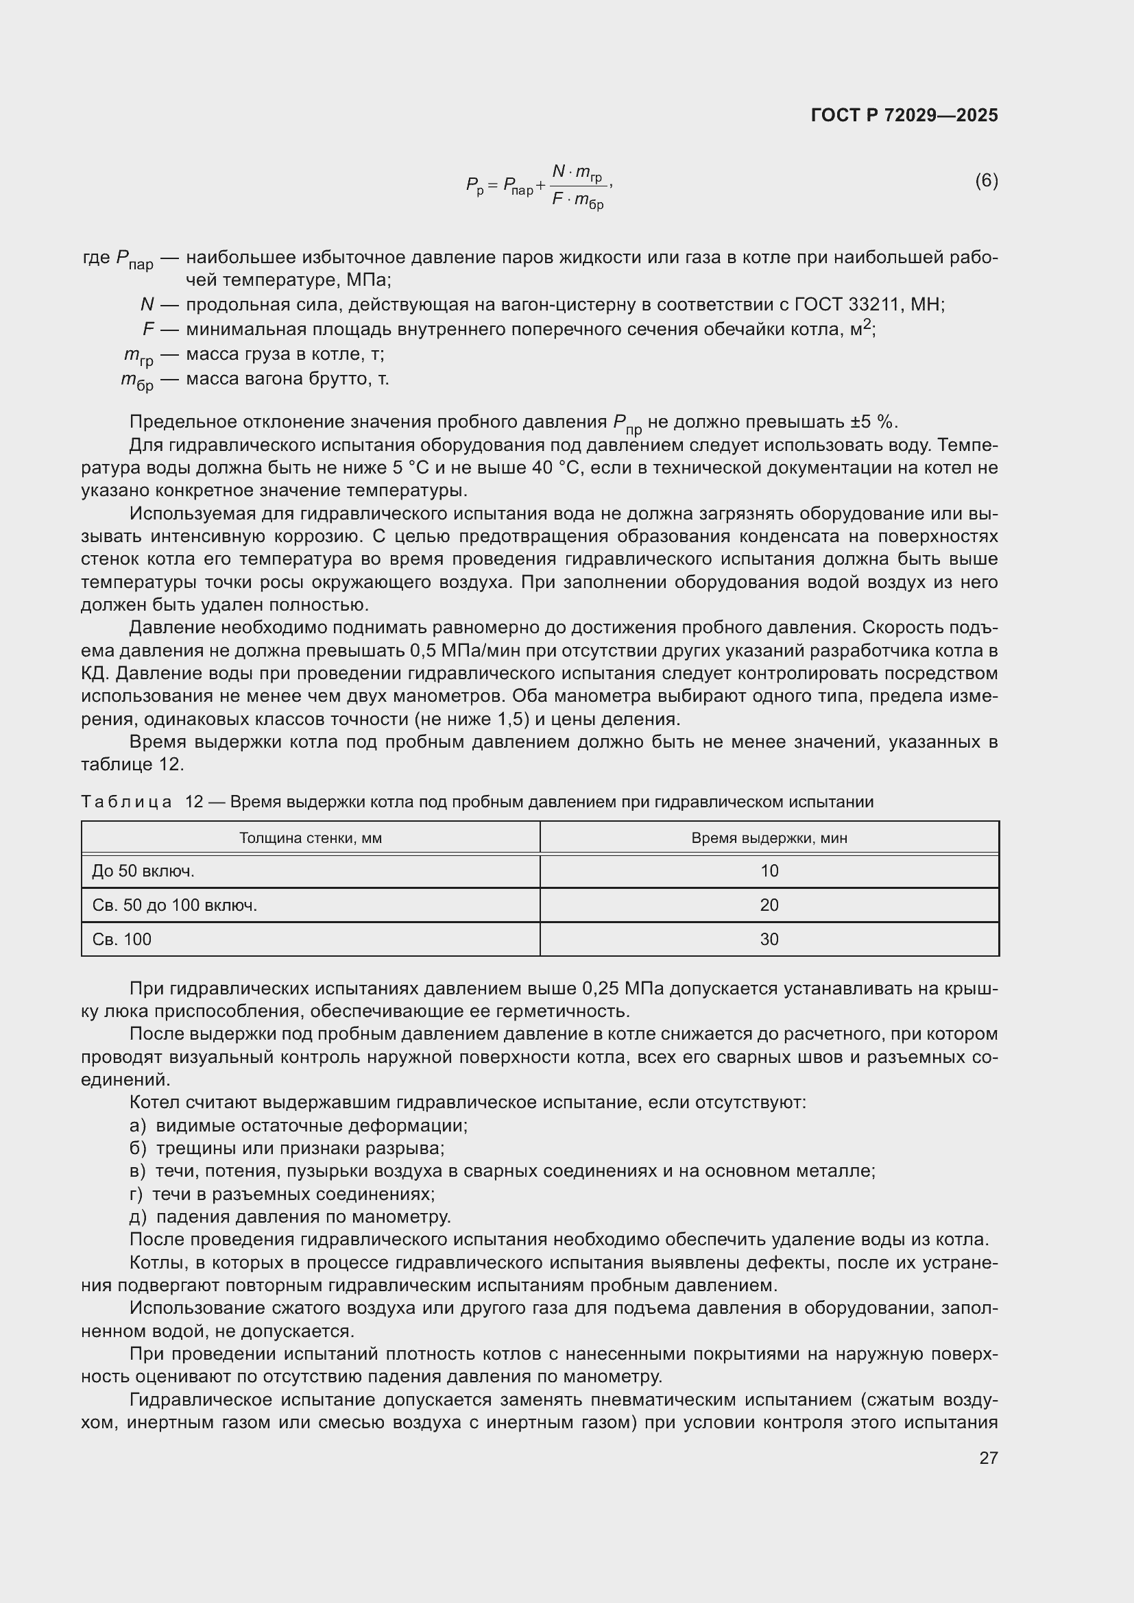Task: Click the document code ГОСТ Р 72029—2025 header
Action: [x=904, y=115]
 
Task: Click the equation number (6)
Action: [x=986, y=181]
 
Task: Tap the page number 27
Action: [x=988, y=1458]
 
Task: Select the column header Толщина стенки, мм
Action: [x=310, y=837]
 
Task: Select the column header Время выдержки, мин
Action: [x=769, y=837]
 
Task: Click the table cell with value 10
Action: [x=769, y=871]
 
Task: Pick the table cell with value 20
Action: [x=769, y=905]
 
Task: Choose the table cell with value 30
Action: [x=769, y=940]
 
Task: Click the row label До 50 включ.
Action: [x=143, y=871]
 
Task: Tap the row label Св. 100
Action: [x=121, y=940]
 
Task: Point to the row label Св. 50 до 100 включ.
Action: [x=175, y=905]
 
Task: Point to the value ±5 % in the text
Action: [x=873, y=421]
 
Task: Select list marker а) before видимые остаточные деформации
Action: [x=138, y=1125]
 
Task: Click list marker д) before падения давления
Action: [x=138, y=1217]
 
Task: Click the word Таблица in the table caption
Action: [x=126, y=803]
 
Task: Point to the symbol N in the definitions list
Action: [x=147, y=304]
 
